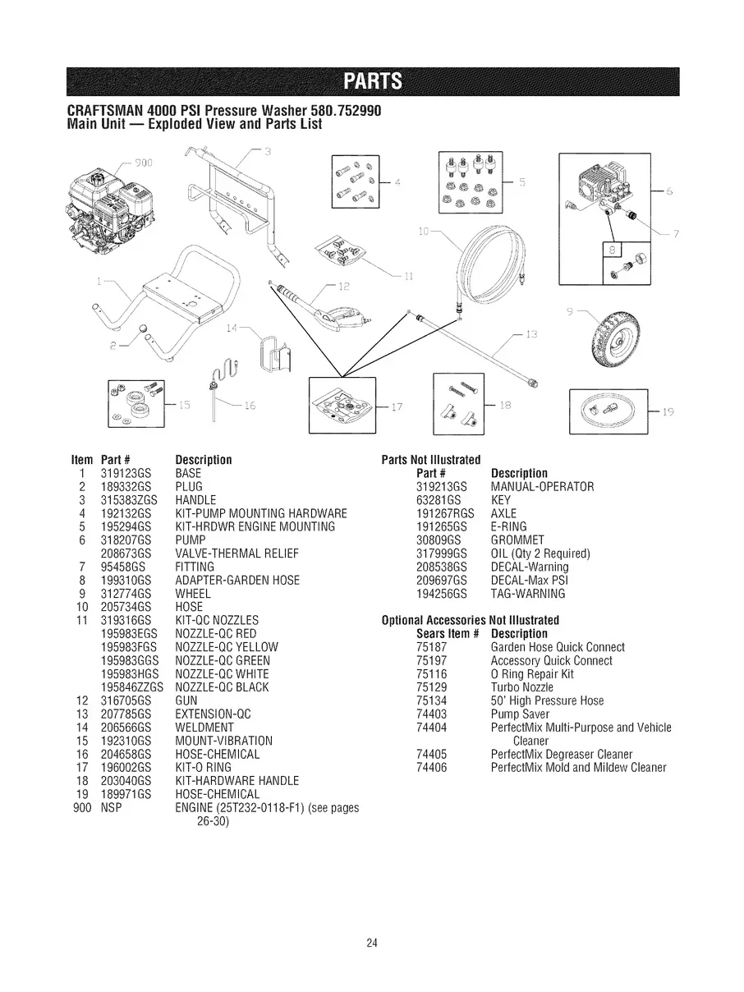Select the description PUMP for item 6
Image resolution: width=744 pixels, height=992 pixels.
190,540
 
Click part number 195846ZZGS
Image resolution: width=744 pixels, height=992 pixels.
131,686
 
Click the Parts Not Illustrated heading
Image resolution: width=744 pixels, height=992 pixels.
431,459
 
